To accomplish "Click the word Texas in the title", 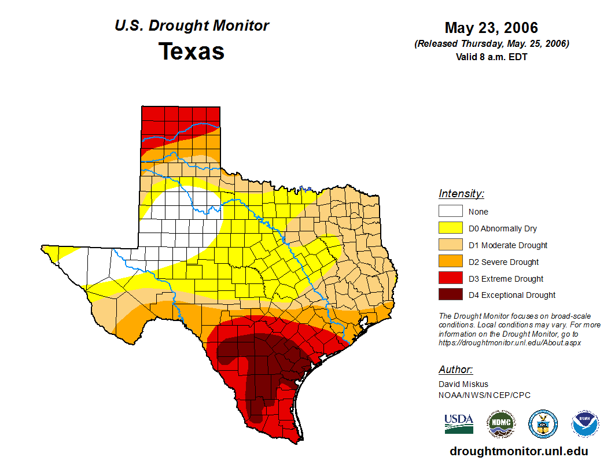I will coord(192,51).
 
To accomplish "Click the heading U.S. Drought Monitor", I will coord(192,26).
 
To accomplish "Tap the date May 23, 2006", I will coord(491,28).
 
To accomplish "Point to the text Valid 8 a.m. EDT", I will coord(491,57).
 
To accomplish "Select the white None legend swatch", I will coord(451,211).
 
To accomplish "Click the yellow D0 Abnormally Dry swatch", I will coord(451,228).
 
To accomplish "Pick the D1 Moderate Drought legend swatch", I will coord(451,245).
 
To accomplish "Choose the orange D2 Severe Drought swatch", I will coord(451,261).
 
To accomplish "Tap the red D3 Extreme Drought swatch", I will coord(451,278).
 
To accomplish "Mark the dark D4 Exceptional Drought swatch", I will coord(451,295).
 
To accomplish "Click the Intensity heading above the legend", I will coord(461,194).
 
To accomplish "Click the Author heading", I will coord(455,370).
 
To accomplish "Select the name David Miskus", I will coord(463,384).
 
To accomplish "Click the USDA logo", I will coord(459,423).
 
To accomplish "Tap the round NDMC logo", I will coord(500,424).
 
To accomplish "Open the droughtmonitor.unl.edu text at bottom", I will coord(519,452).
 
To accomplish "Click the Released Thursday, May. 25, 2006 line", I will coord(491,44).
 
